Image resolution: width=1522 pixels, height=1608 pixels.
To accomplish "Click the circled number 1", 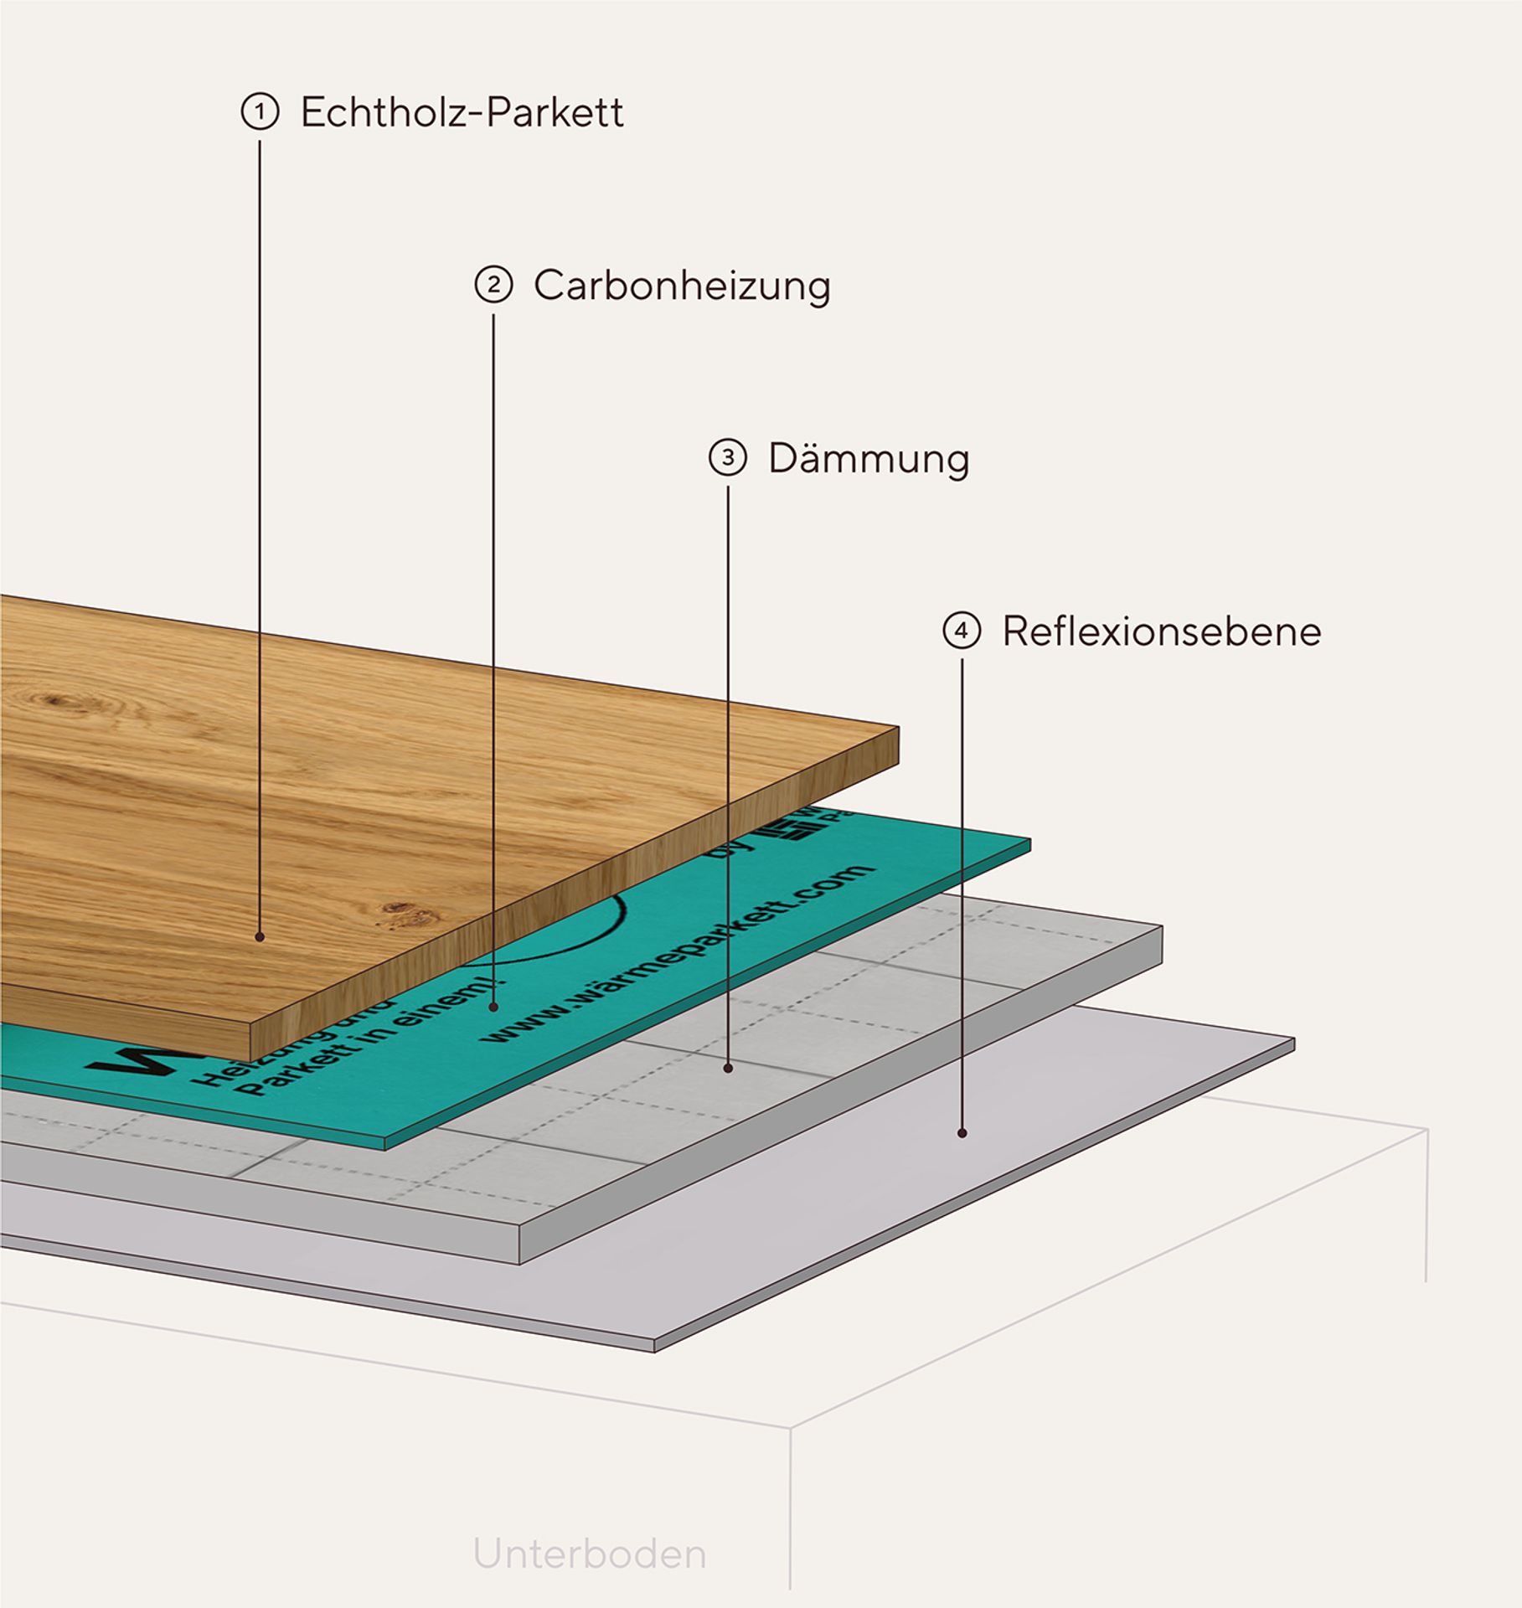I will [260, 111].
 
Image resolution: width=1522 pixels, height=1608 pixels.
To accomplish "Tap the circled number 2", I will [493, 285].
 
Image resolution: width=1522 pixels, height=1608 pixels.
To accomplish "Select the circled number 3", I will [727, 457].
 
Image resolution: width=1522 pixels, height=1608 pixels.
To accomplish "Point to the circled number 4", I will [962, 631].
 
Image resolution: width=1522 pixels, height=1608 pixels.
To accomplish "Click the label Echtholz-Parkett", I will [462, 112].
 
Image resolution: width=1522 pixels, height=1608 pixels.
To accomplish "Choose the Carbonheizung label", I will [682, 286].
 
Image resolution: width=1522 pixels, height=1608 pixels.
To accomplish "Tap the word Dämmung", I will [869, 459].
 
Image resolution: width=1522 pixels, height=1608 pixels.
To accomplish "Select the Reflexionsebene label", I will [1161, 631].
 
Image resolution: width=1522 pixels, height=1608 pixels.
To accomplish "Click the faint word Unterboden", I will [590, 1554].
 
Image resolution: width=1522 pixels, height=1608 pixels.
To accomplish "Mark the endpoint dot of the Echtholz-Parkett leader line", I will [260, 936].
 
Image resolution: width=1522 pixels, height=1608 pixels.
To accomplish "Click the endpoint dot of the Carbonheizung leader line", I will [494, 1008].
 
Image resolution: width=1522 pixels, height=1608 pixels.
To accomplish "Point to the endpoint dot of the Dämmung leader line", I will [728, 1068].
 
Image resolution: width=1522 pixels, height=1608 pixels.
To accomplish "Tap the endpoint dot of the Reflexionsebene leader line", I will [962, 1133].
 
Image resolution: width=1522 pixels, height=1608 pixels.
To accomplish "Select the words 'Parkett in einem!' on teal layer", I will [369, 1051].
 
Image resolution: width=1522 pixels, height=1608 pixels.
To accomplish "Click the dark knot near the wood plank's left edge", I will [59, 700].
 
